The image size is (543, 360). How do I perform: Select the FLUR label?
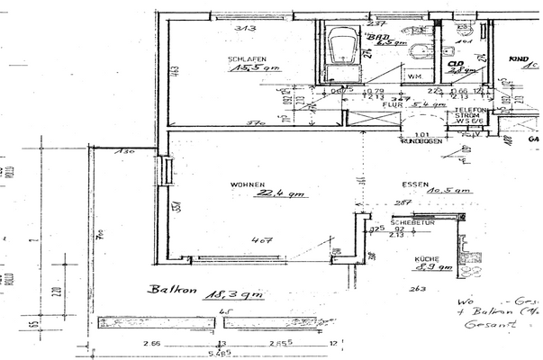pos(391,104)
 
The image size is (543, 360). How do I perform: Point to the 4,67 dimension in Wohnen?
pos(262,240)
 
